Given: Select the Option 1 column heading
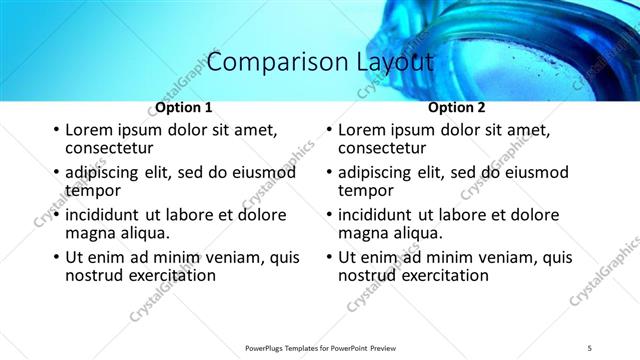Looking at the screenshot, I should (184, 107).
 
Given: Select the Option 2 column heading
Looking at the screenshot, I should (457, 107).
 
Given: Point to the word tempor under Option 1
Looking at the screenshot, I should (93, 190).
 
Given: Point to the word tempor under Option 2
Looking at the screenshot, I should (366, 190).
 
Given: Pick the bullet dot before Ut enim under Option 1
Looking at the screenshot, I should (56, 257).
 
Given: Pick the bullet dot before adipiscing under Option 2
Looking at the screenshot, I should (329, 173).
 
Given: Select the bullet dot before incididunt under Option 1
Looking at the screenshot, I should (56, 215).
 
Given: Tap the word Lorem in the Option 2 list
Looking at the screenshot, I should (361, 131).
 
